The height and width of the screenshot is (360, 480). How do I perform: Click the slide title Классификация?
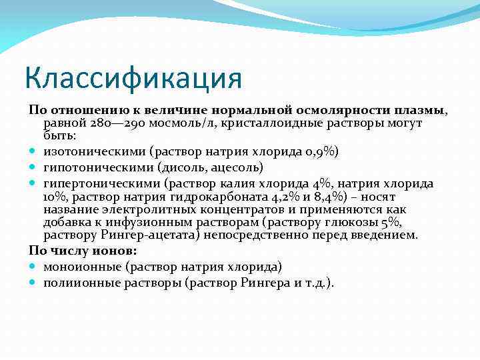(133, 77)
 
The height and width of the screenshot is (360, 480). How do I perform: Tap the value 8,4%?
(321, 197)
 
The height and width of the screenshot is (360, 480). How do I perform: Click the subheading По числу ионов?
(82, 251)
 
